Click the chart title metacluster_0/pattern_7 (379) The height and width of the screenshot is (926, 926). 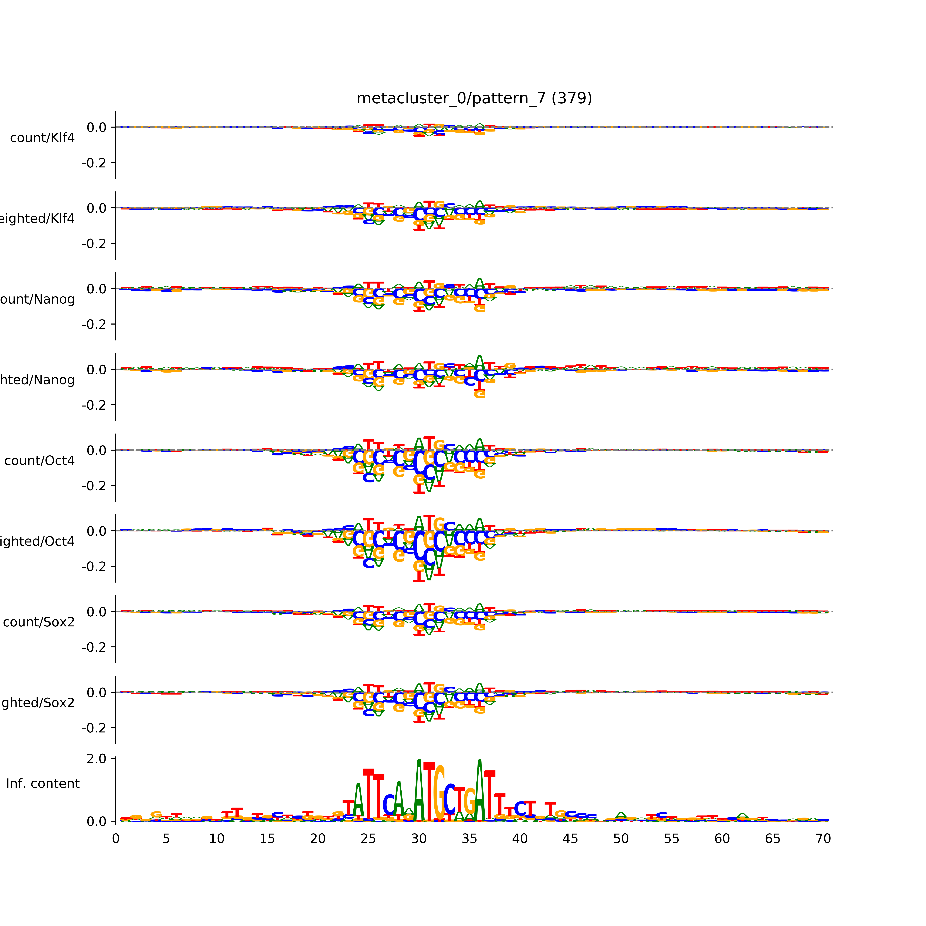coord(474,98)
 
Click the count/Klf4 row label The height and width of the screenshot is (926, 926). coord(42,138)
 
